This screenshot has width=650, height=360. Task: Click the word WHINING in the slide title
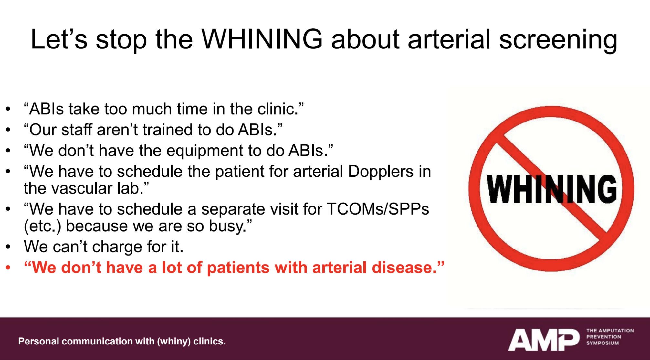pos(262,39)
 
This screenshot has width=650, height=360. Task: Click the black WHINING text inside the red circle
pos(552,189)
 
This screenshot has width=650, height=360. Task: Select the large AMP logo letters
pos(544,340)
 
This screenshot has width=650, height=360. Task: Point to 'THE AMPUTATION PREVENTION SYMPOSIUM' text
pos(610,337)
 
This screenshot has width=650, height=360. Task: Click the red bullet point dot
pos(8,268)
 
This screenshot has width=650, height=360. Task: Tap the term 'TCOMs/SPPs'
pos(378,209)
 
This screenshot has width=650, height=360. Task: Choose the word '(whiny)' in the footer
pos(174,342)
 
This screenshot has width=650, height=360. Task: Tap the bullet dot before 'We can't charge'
pos(8,247)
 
